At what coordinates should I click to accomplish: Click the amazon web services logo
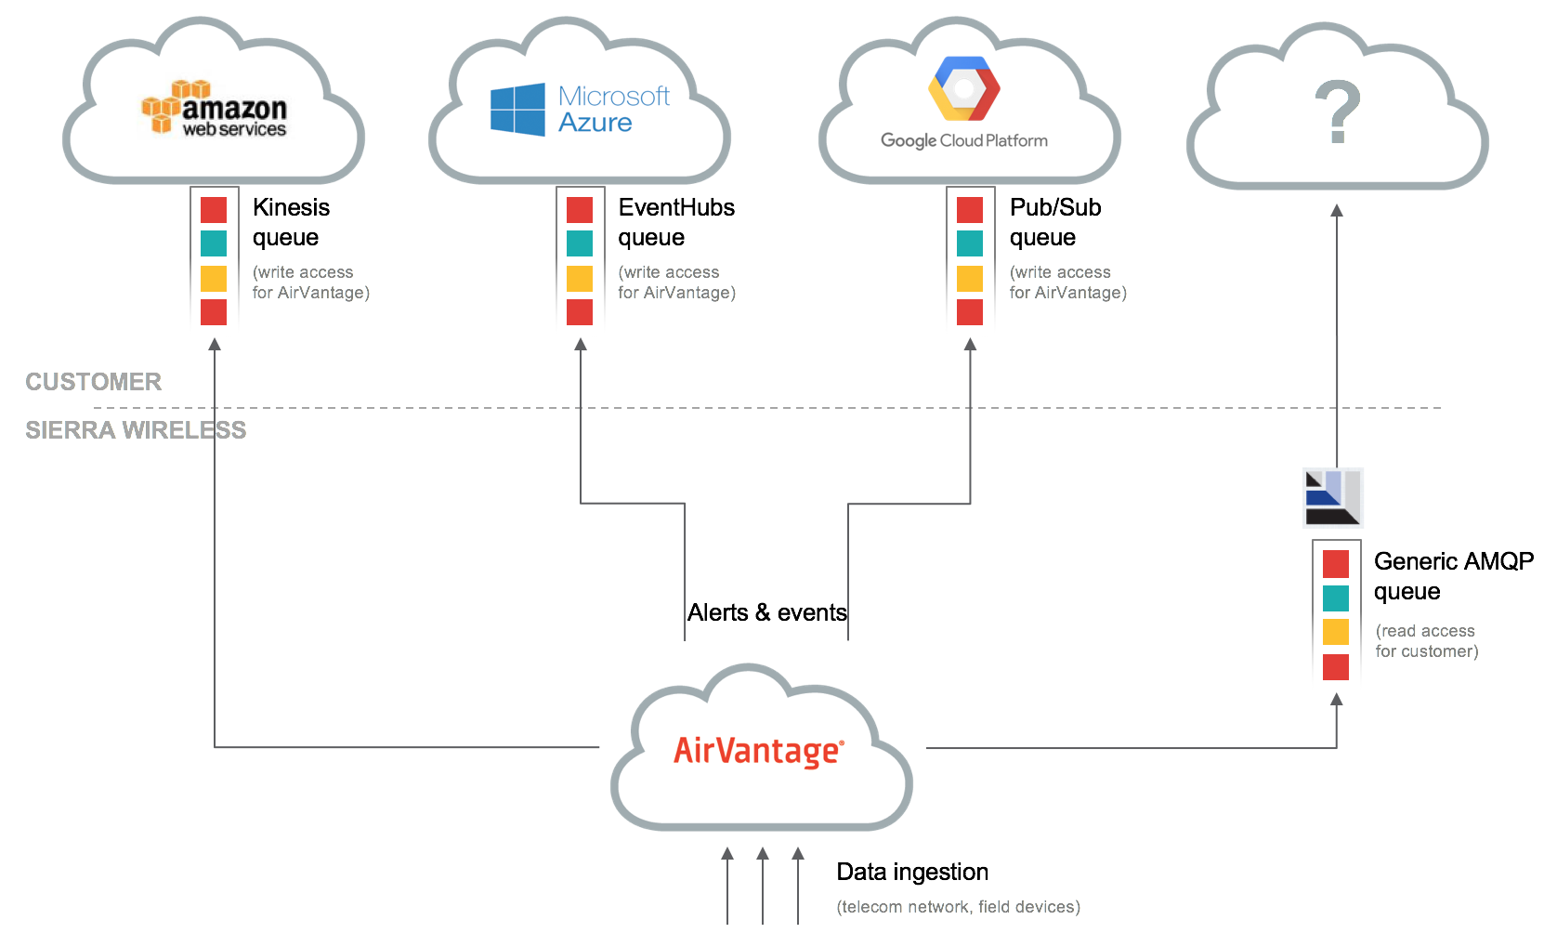pos(215,110)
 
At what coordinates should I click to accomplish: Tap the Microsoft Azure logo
pos(581,110)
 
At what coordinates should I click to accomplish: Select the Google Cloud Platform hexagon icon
pos(964,89)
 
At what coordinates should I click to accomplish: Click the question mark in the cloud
pos(1338,112)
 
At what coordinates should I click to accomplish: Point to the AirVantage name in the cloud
pos(758,751)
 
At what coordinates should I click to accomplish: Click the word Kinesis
pos(291,207)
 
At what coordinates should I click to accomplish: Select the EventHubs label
pos(676,207)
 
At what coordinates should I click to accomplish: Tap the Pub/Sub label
pos(1055,207)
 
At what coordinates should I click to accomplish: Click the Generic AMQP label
pos(1453,561)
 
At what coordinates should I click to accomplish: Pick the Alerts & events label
pos(767,612)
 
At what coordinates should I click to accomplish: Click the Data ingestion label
pos(912,872)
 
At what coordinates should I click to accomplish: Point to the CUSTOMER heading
pos(94,382)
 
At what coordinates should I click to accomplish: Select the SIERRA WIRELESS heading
pos(136,430)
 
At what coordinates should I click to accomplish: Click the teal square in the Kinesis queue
pos(214,243)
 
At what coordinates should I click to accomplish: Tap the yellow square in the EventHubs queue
pos(580,278)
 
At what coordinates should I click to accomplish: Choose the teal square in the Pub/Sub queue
pos(970,243)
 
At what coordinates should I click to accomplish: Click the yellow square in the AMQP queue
pos(1336,632)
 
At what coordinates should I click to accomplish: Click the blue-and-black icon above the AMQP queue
pos(1332,497)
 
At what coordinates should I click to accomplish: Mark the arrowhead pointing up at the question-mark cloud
pos(1337,211)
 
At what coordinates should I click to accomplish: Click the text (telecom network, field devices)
pos(958,907)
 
